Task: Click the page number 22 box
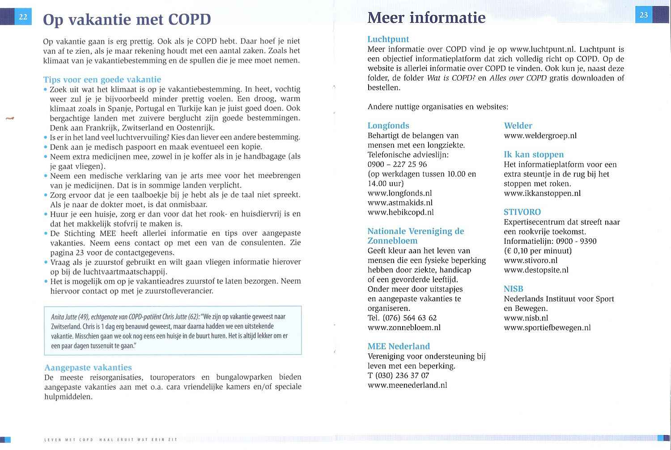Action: (x=23, y=17)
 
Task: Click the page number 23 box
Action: (x=644, y=15)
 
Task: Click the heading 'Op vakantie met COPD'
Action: (x=127, y=20)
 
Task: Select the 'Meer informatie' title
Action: (x=426, y=17)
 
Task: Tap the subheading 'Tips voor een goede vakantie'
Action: (x=102, y=80)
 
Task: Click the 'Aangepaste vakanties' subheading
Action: (x=88, y=368)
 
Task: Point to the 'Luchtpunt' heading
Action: (x=388, y=39)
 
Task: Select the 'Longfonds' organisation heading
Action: (x=388, y=126)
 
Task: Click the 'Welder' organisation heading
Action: (x=518, y=126)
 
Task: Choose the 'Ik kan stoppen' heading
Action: (x=534, y=155)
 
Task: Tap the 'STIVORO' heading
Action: (x=522, y=212)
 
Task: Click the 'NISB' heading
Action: (x=514, y=289)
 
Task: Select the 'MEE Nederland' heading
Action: (x=399, y=346)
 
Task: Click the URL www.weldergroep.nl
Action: (x=540, y=136)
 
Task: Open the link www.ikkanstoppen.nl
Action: (x=542, y=193)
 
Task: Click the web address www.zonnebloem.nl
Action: (x=404, y=327)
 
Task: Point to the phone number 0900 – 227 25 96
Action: (x=397, y=164)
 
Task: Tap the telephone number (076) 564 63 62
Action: (x=409, y=318)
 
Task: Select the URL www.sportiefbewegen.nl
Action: (x=547, y=327)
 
